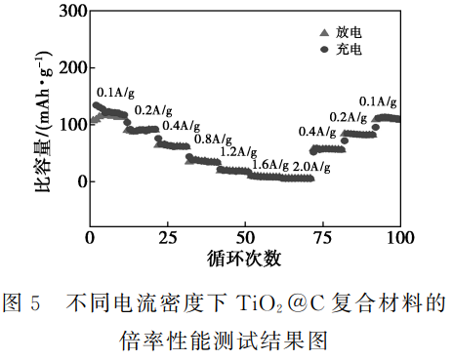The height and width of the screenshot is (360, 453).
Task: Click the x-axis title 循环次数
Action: pyautogui.click(x=246, y=259)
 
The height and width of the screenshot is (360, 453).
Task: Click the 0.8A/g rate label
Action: pyautogui.click(x=213, y=139)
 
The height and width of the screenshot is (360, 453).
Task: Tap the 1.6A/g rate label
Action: pyautogui.click(x=268, y=165)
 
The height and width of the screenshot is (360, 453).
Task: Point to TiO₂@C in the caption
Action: pyautogui.click(x=253, y=303)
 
